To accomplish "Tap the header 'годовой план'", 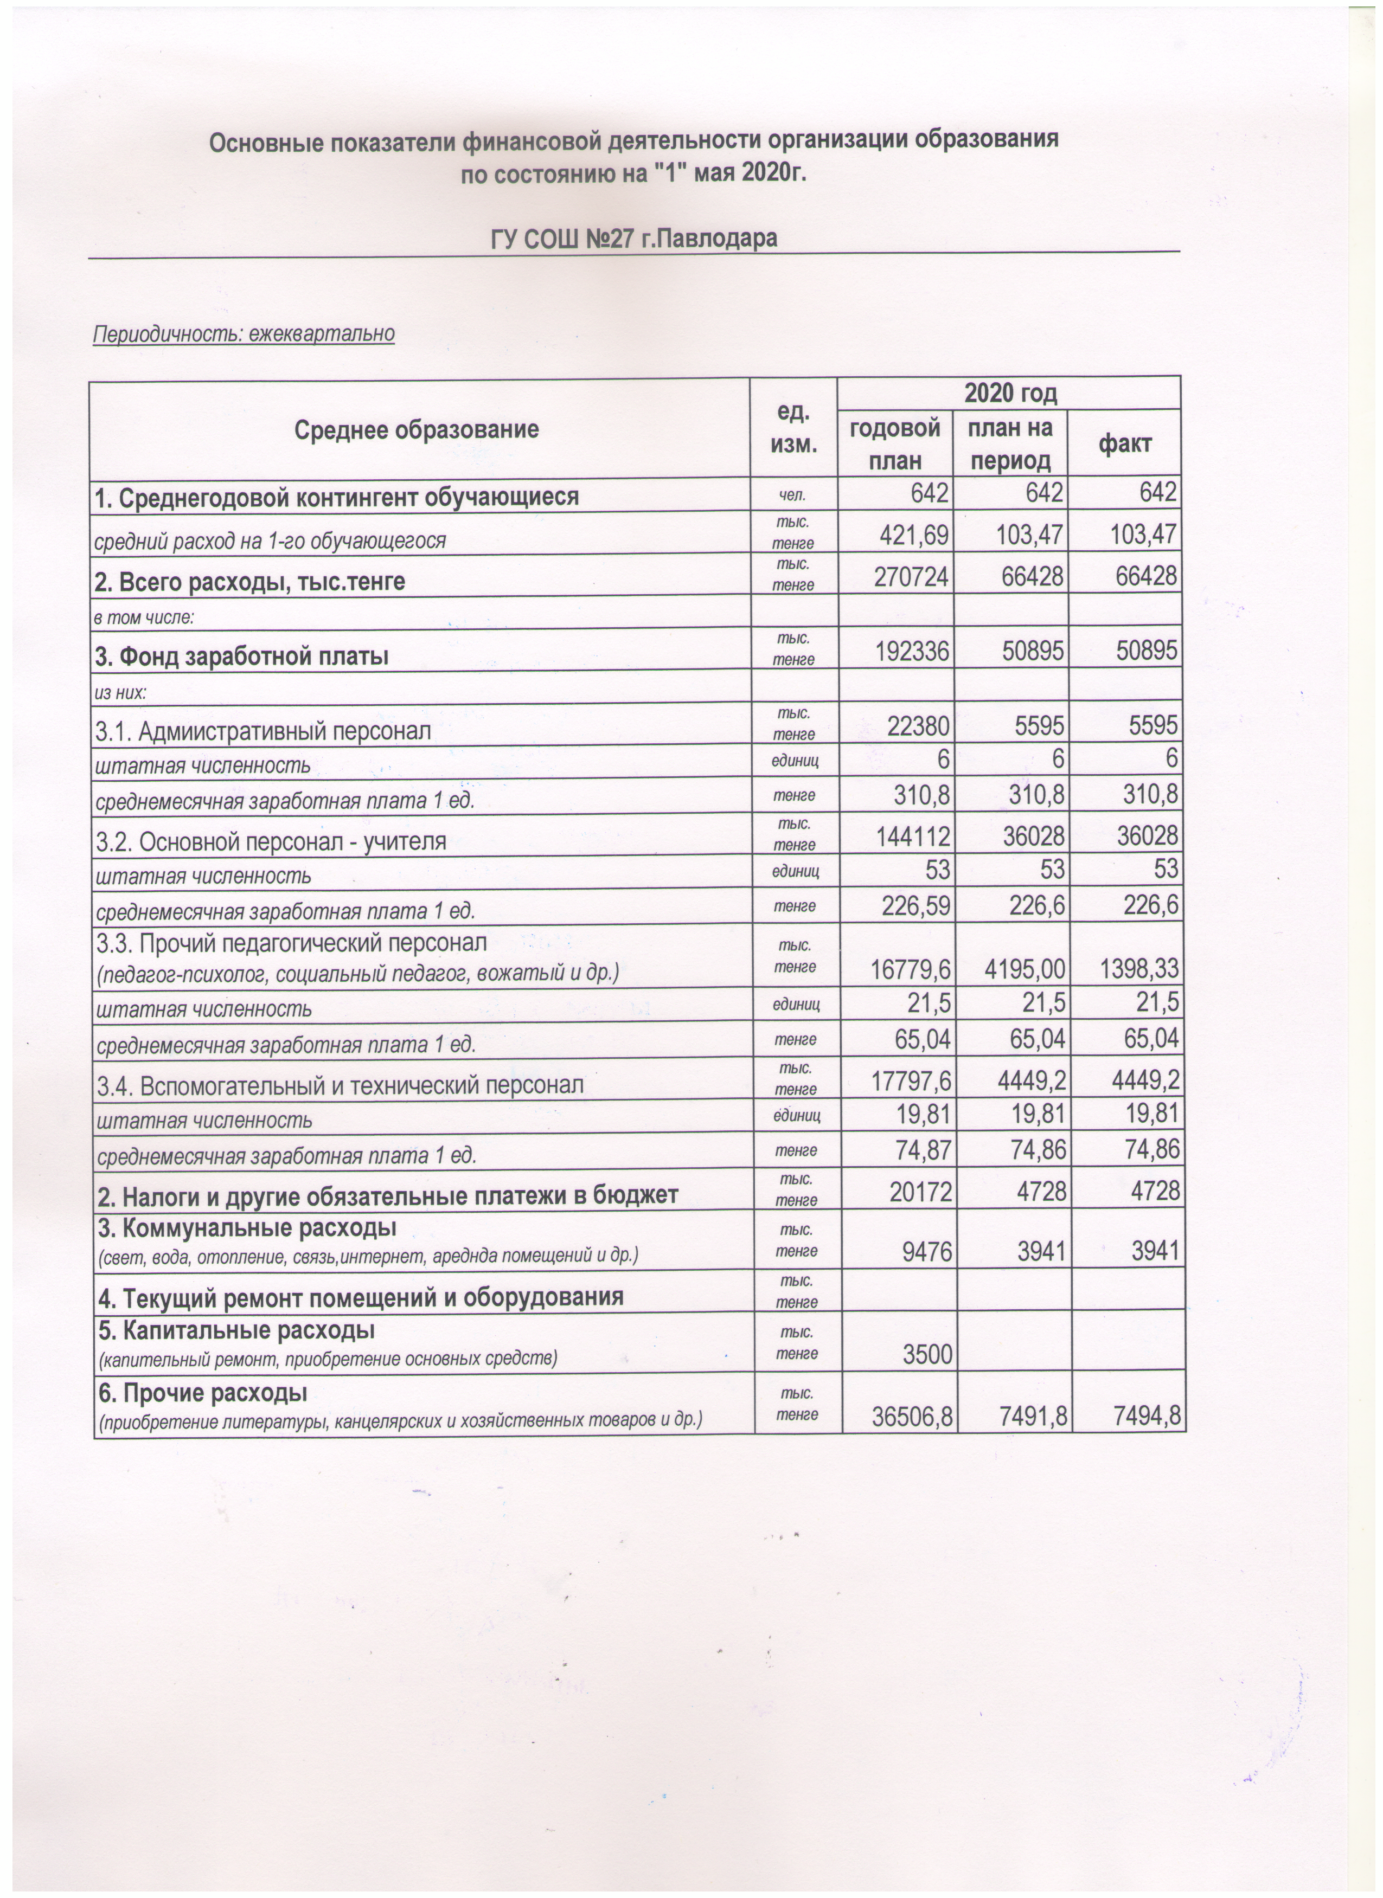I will click(895, 443).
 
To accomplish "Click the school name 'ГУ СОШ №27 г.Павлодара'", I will click(633, 239).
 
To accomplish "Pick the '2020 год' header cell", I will click(1010, 393).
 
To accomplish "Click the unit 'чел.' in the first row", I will click(793, 496).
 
